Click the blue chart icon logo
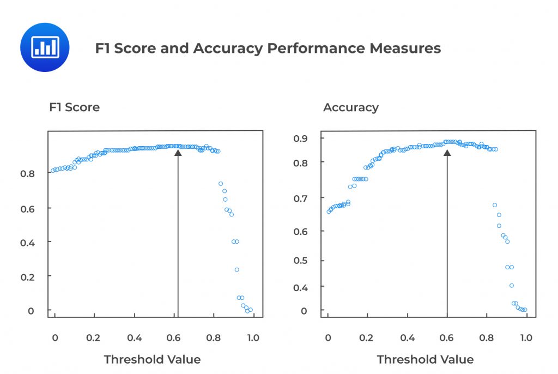(44, 47)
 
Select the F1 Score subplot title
(75, 107)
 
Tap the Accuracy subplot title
(350, 107)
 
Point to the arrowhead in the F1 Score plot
(178, 153)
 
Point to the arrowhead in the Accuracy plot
(447, 153)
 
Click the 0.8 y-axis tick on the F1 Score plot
(28, 173)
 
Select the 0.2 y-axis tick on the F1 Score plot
(28, 276)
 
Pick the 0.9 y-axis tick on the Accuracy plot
(300, 138)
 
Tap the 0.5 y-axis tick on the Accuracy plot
(300, 260)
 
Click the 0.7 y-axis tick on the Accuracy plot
(300, 198)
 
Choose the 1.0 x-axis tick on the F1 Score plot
(253, 338)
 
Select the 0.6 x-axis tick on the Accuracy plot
(447, 338)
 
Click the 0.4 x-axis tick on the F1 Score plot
(135, 338)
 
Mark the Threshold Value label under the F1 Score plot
(152, 359)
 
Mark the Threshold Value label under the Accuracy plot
(425, 359)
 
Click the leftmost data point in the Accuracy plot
(329, 212)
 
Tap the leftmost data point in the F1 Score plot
(53, 171)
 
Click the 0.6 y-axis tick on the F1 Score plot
(28, 208)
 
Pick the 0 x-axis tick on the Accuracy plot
(328, 338)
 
